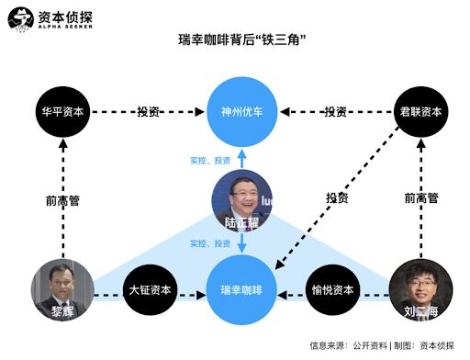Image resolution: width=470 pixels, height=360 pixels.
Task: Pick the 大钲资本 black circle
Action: click(150, 290)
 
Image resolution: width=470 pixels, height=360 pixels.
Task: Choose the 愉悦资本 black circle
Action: click(332, 290)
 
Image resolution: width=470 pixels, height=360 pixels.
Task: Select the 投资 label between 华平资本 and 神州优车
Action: click(149, 112)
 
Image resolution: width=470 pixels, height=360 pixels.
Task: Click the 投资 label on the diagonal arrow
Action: click(337, 198)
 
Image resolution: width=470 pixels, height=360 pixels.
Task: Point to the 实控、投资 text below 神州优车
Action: click(210, 161)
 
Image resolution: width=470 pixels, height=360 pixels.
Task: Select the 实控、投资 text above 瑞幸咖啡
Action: click(210, 243)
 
